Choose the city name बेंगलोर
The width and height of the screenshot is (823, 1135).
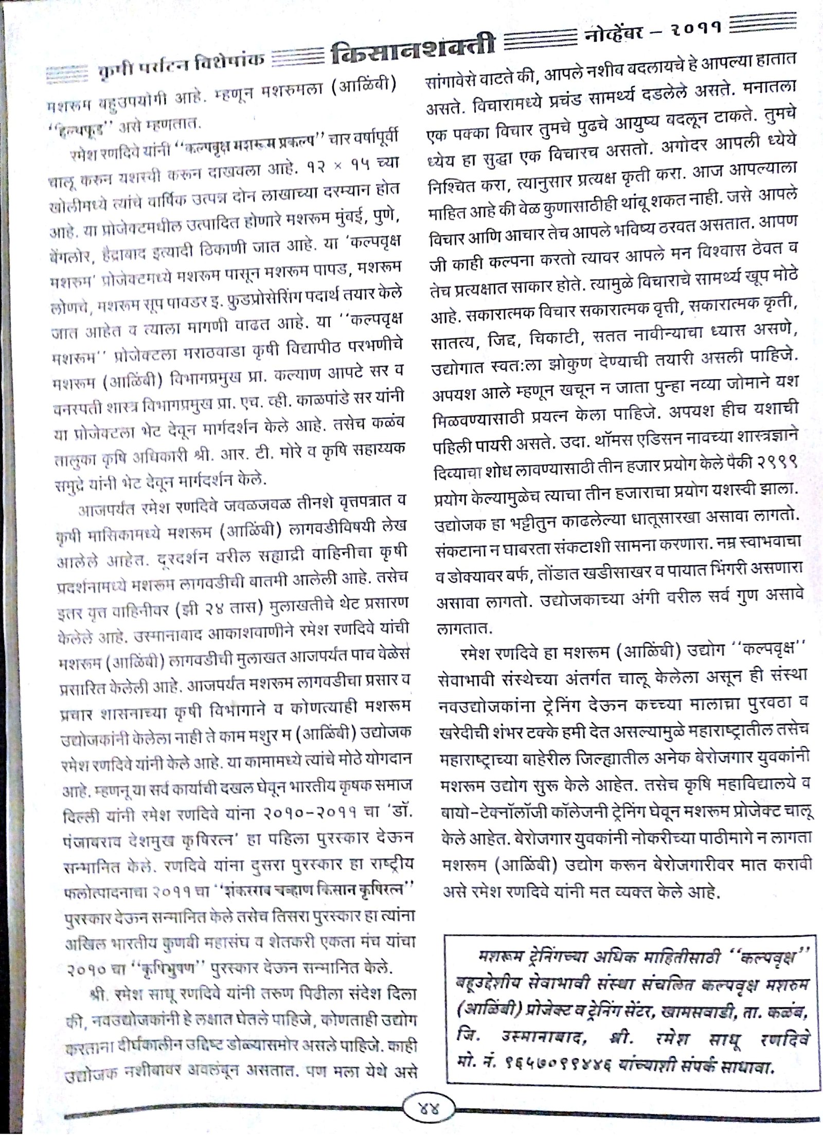click(x=76, y=255)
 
